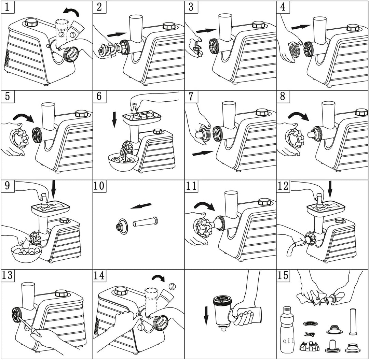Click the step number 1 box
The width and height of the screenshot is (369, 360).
pyautogui.click(x=8, y=6)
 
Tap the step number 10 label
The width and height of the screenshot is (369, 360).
pyautogui.click(x=99, y=185)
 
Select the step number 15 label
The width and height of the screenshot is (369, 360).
pyautogui.click(x=283, y=275)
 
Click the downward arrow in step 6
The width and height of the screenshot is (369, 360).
pyautogui.click(x=114, y=120)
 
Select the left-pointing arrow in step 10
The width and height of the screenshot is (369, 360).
pyautogui.click(x=141, y=206)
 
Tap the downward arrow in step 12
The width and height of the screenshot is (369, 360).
pyautogui.click(x=331, y=189)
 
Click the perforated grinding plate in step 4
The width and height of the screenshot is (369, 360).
pyautogui.click(x=294, y=49)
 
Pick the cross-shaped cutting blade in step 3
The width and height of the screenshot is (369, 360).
pyautogui.click(x=197, y=47)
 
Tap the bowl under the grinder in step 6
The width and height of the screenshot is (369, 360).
pyautogui.click(x=123, y=162)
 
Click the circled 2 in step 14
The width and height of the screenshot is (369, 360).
pyautogui.click(x=172, y=286)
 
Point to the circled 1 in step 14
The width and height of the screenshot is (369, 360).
pyautogui.click(x=140, y=327)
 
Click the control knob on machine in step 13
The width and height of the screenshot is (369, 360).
pyautogui.click(x=61, y=293)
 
